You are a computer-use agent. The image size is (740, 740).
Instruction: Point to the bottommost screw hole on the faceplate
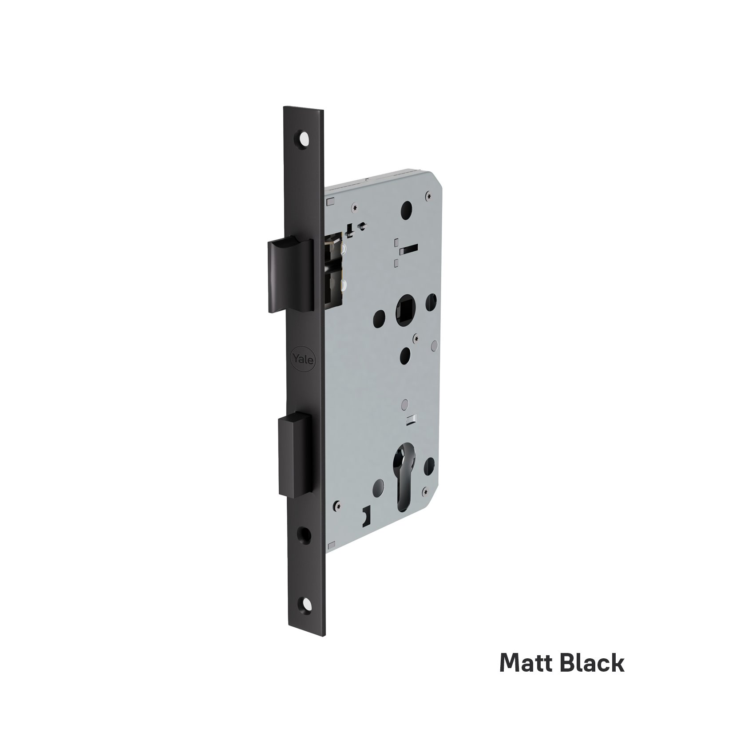click(305, 605)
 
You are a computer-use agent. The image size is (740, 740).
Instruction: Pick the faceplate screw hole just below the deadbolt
click(305, 531)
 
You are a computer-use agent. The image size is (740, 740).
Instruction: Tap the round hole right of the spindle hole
click(430, 302)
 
